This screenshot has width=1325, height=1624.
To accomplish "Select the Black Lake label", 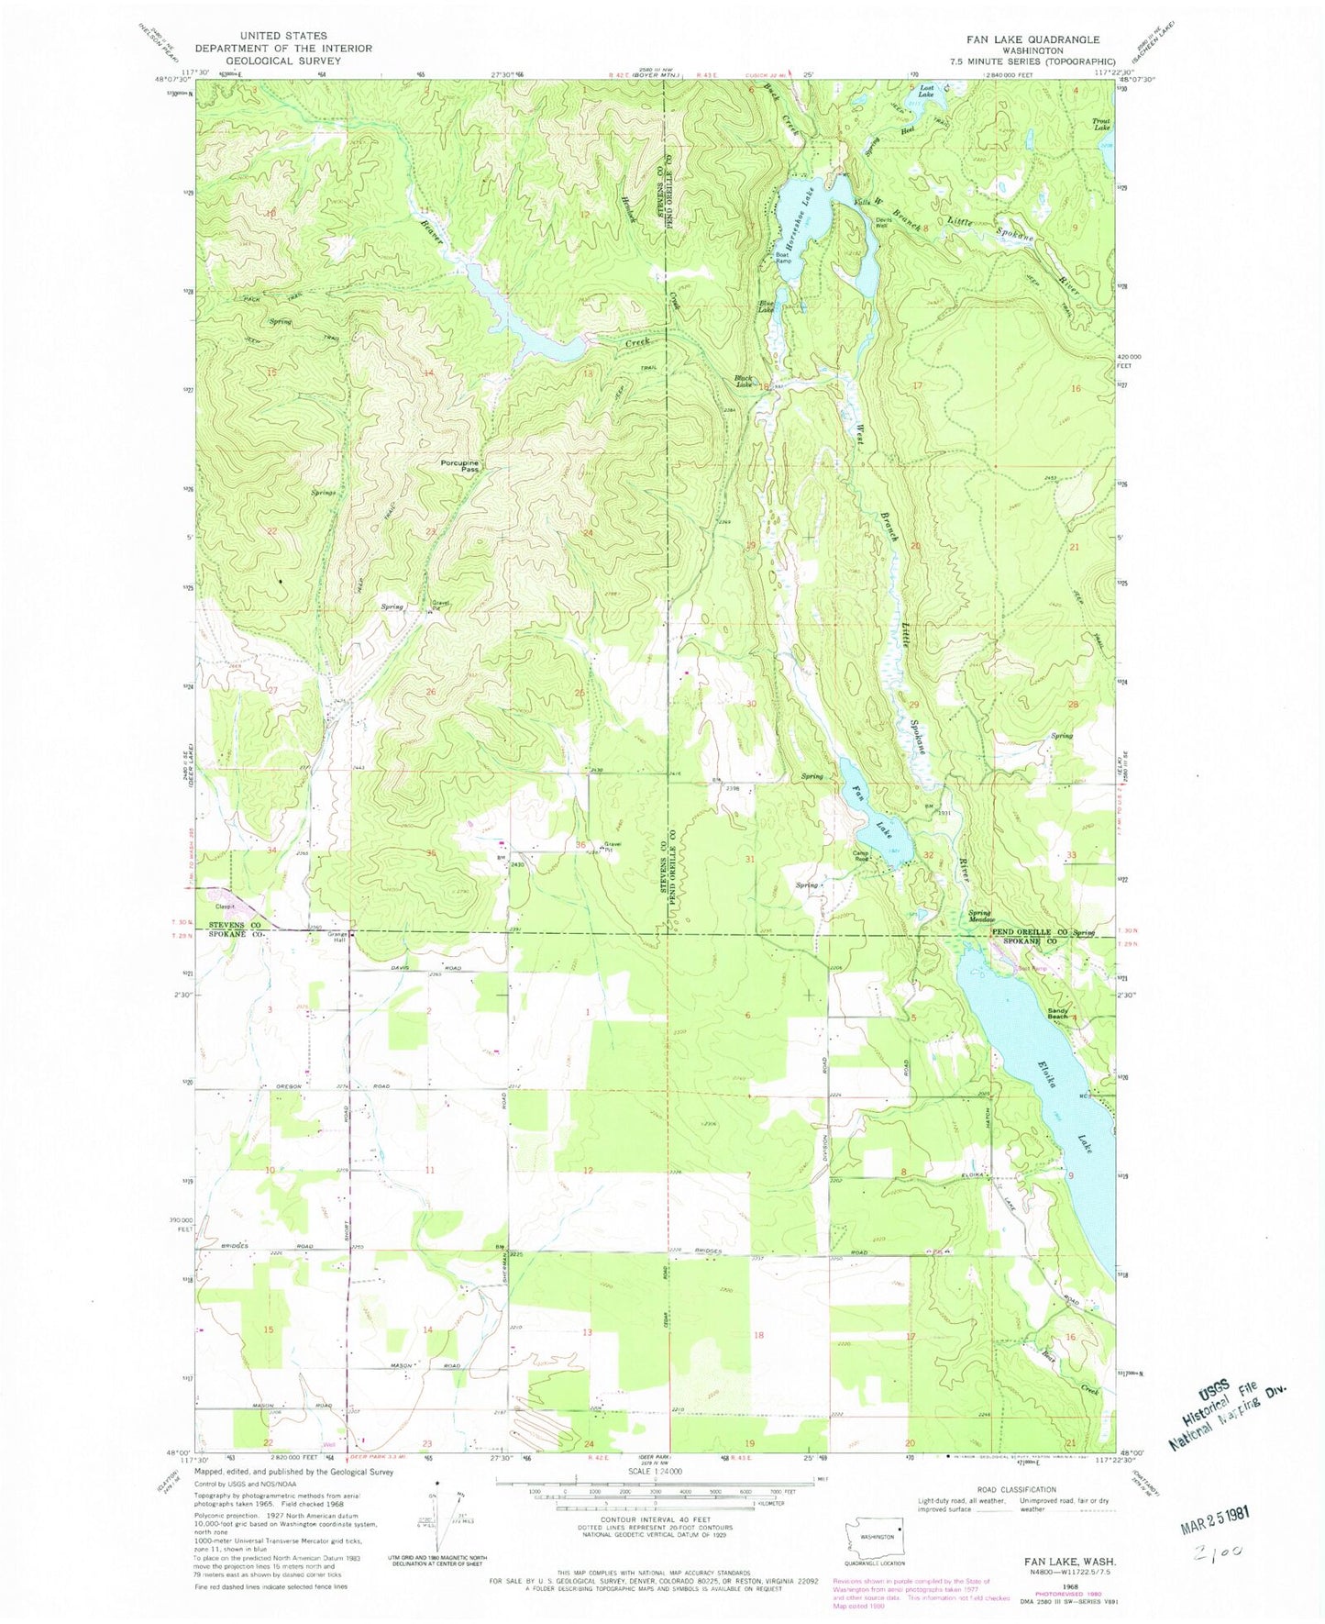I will pyautogui.click(x=744, y=381).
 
